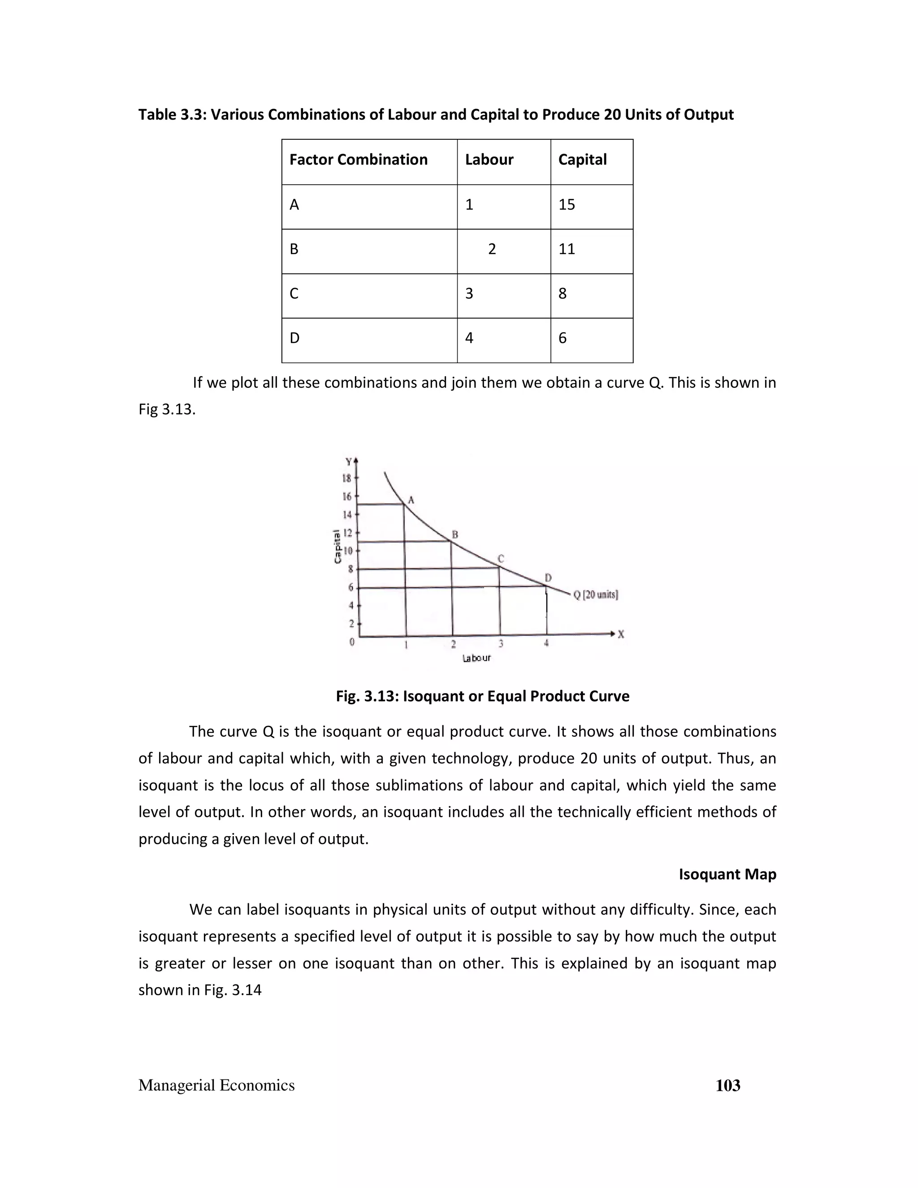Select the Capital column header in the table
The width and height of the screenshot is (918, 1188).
click(582, 160)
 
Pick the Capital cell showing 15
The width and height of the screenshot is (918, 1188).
click(566, 204)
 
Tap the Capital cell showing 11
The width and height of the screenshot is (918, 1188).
click(566, 249)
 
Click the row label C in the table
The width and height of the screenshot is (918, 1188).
click(294, 294)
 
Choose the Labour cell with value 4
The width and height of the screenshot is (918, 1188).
click(469, 338)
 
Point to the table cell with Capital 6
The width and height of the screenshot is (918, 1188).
click(563, 338)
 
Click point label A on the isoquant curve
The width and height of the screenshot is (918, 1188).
click(411, 499)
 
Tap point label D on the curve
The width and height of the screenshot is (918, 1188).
click(548, 577)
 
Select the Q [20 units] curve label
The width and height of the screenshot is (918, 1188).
click(596, 594)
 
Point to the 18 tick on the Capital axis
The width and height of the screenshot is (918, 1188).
click(346, 478)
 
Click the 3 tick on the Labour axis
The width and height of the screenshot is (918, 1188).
click(500, 643)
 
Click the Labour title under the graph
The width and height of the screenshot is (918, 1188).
click(476, 658)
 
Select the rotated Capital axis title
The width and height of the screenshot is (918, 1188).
click(338, 546)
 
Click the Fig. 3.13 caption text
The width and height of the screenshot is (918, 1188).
click(482, 696)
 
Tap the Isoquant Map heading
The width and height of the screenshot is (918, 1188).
click(727, 874)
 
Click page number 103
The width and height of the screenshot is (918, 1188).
click(727, 1086)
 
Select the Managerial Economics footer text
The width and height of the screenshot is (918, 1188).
click(217, 1085)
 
